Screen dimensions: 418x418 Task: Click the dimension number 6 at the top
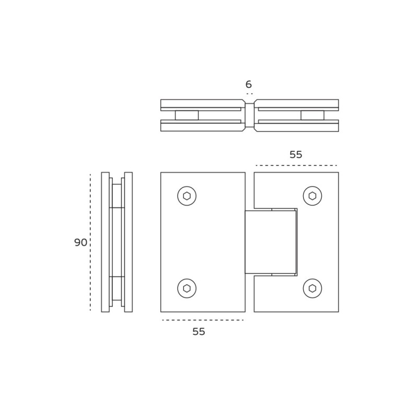coord(249,84)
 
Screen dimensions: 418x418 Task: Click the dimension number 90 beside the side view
coord(80,242)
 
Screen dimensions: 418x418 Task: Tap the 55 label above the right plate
coord(296,155)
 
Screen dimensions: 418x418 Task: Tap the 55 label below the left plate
coord(199,331)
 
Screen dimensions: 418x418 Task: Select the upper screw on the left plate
coord(187,196)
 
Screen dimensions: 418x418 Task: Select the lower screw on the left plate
coord(187,288)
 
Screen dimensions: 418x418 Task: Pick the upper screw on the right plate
coord(312,196)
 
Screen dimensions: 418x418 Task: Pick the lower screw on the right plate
coord(312,288)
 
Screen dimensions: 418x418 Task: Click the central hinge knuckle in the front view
coord(271,242)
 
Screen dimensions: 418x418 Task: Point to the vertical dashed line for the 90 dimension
coord(90,242)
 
